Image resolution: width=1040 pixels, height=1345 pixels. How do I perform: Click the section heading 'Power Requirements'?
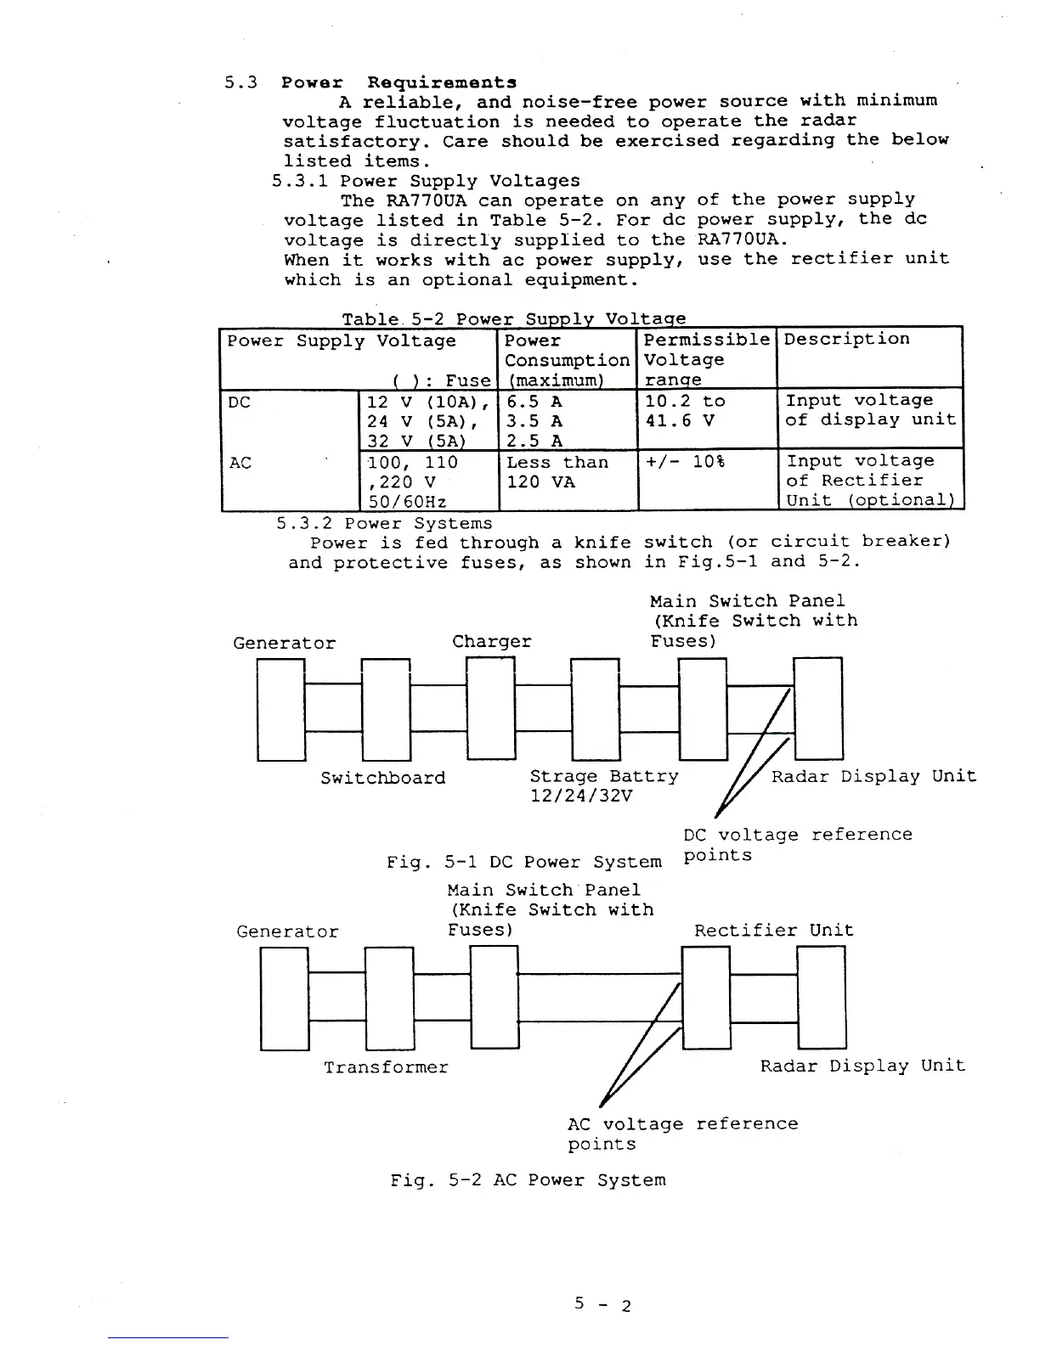click(398, 82)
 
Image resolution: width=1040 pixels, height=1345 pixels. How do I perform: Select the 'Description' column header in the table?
click(846, 340)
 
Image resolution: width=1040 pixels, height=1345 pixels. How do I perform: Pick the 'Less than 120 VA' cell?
click(557, 472)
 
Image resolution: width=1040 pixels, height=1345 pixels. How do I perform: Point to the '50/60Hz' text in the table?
click(407, 501)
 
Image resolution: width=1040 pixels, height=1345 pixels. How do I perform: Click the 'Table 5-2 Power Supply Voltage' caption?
click(513, 319)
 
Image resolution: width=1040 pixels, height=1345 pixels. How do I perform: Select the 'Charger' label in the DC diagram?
click(492, 642)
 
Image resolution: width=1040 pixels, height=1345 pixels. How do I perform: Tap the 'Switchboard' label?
click(382, 778)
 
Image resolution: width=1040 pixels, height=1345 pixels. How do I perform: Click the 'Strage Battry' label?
click(604, 776)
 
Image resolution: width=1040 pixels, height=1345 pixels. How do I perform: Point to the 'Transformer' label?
click(386, 1066)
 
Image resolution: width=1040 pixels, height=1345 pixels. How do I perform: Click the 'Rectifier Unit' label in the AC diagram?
click(773, 931)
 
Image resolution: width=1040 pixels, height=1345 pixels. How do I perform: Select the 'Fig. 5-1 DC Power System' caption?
click(523, 863)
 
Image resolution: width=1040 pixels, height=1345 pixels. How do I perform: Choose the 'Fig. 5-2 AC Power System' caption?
click(528, 1180)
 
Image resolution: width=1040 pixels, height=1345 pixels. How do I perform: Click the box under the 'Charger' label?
click(491, 709)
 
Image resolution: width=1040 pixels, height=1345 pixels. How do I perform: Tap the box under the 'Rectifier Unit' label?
click(706, 998)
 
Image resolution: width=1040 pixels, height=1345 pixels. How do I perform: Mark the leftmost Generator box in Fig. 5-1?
click(281, 709)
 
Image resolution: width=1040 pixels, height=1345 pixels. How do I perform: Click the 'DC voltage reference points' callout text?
click(797, 844)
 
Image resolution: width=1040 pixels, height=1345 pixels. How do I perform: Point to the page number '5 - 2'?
click(602, 1304)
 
